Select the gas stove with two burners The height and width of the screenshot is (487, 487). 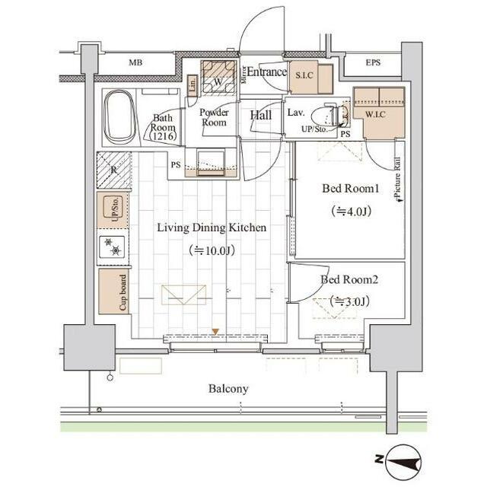coord(112,247)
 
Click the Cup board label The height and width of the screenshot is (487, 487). coord(123,292)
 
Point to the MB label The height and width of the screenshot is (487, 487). coord(135,62)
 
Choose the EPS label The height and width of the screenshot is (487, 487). coord(373,62)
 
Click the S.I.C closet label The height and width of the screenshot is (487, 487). coord(304,75)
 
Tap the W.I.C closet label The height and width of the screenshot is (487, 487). coord(375,115)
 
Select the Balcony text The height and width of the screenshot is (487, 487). coord(228,389)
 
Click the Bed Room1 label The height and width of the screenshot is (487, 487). coord(350,188)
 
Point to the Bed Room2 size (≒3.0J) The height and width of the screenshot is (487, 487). coord(350,301)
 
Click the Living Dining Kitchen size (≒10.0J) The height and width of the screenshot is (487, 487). coord(212,250)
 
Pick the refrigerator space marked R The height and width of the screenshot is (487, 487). coord(113,170)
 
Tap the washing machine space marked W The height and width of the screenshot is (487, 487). coord(218,78)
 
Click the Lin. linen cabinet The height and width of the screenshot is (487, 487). coord(193,84)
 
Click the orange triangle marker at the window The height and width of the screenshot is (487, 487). coord(215,332)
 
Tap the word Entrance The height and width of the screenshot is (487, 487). coord(266,72)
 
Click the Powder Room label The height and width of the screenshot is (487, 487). coord(214,117)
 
